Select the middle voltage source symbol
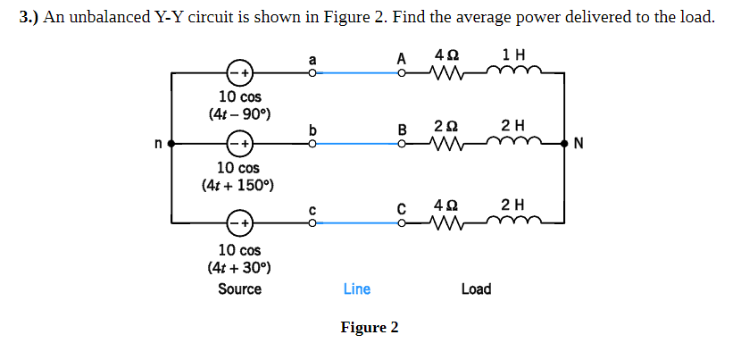239,143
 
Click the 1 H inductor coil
512,72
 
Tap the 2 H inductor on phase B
512,141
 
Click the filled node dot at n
170,143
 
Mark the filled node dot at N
564,143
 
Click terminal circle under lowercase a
312,74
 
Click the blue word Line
356,289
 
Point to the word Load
476,289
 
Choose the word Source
239,289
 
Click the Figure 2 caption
370,327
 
